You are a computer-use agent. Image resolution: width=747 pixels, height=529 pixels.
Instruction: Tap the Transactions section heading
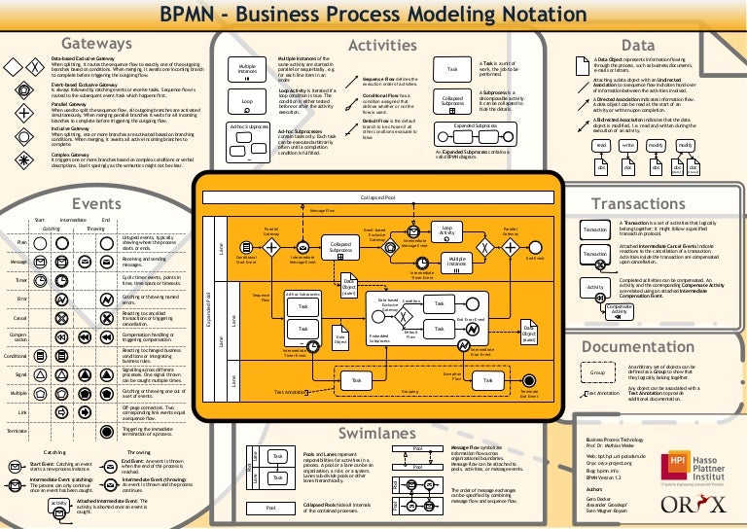point(638,205)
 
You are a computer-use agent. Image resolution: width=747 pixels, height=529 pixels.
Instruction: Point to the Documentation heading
point(637,346)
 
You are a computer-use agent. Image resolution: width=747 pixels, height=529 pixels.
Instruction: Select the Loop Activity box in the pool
point(446,230)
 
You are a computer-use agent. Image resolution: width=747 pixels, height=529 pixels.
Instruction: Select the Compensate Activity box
point(619,308)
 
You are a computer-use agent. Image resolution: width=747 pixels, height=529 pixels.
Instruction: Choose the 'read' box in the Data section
point(601,145)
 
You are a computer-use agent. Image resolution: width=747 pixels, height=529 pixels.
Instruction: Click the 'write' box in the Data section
point(628,145)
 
